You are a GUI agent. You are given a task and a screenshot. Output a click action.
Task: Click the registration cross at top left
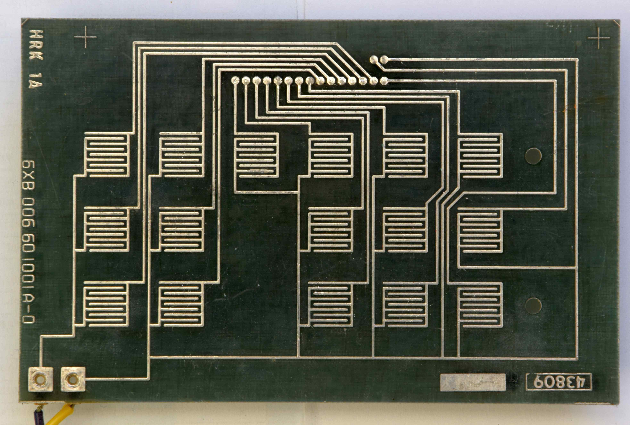pos(85,37)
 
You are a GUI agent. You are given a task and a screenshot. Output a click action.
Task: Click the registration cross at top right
pos(599,38)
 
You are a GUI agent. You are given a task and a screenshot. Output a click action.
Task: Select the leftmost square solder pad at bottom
pos(40,379)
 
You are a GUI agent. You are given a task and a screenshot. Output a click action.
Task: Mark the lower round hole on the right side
pos(533,306)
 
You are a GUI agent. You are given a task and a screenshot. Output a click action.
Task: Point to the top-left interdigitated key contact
pos(106,155)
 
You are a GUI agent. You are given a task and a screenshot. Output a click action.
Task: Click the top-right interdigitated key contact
pos(480,156)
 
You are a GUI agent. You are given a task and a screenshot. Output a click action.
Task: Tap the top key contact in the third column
pos(256,156)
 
